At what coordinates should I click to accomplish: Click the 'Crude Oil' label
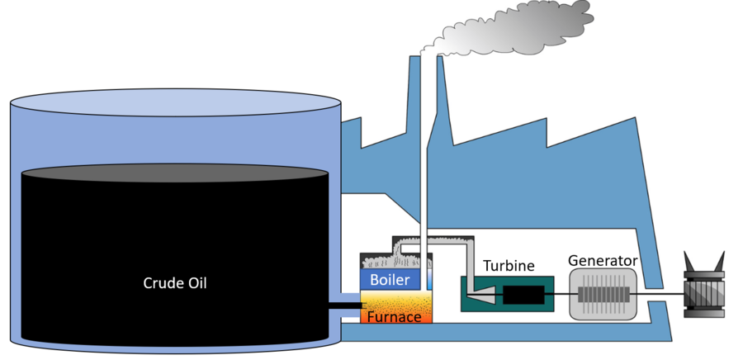click(x=174, y=282)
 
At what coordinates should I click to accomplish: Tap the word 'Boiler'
click(x=390, y=280)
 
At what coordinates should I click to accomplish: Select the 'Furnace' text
click(x=395, y=316)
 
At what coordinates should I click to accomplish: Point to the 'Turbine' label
click(x=509, y=266)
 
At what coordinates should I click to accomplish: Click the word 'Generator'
click(x=603, y=261)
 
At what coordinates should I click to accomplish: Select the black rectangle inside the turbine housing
click(x=523, y=294)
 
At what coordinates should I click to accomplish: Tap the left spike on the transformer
click(x=689, y=263)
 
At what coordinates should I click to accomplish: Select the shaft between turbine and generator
click(x=560, y=294)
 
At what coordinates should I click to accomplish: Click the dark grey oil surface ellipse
click(x=174, y=172)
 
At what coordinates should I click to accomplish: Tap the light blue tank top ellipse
click(x=174, y=104)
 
